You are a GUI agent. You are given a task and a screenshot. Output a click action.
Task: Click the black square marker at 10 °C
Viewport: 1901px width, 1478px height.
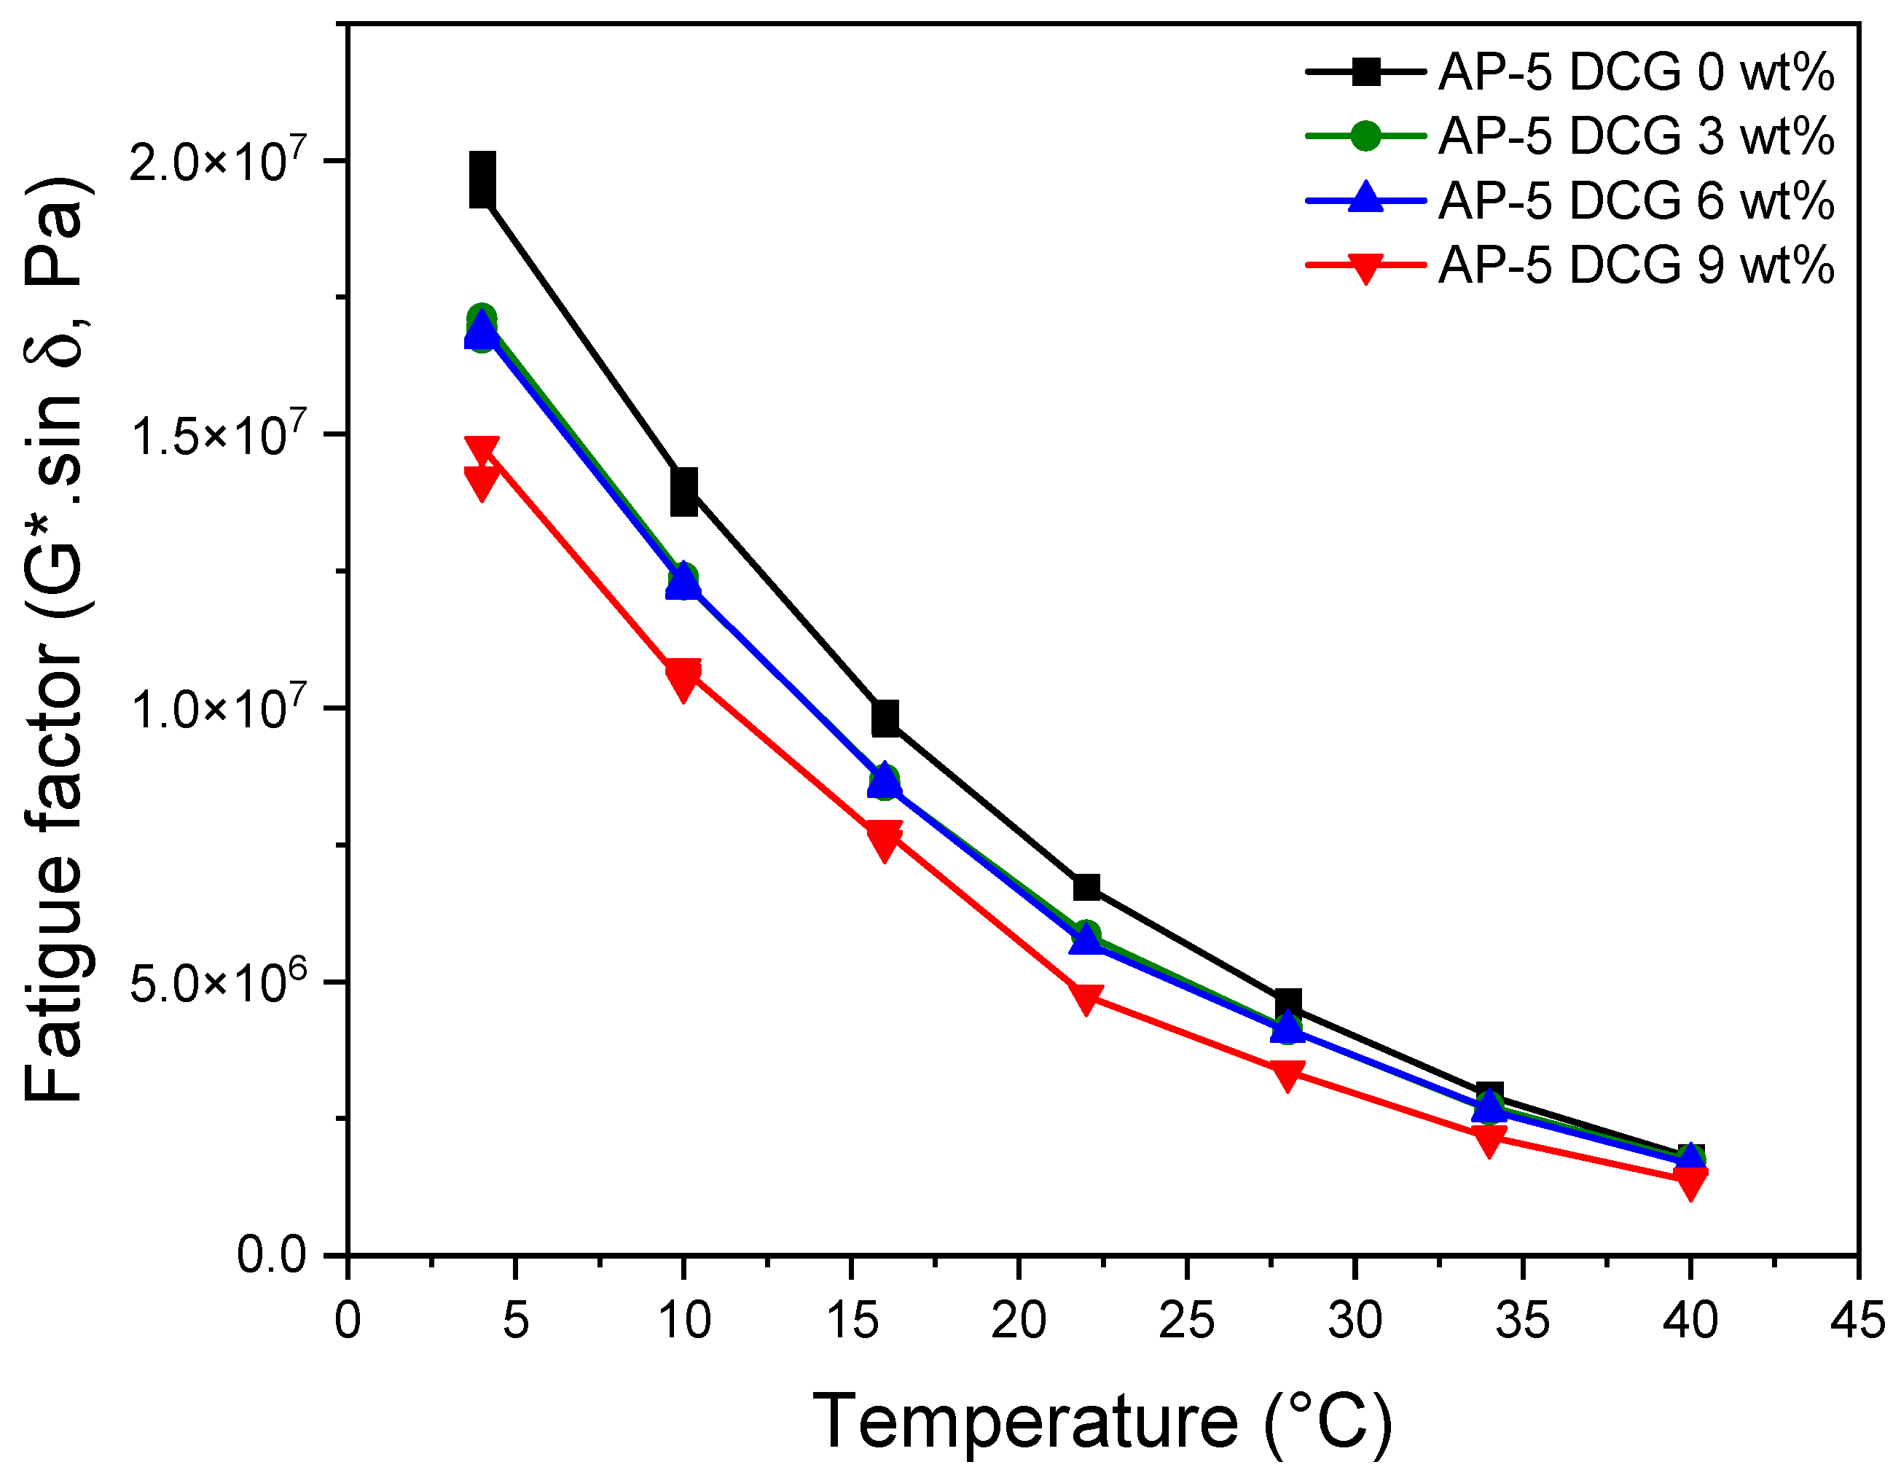pos(684,492)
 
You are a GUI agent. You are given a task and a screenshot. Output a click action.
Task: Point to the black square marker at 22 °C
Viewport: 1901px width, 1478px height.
pos(1086,887)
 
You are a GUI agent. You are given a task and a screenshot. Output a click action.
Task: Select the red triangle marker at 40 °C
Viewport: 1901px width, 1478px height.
pos(1690,1182)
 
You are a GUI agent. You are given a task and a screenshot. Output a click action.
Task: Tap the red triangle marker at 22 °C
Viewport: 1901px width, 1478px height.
pos(1086,998)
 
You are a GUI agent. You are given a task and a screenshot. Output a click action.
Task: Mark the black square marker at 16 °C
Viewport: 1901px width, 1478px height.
pos(885,718)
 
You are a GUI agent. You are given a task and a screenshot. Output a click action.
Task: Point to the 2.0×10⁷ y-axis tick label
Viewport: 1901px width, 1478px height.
pos(219,162)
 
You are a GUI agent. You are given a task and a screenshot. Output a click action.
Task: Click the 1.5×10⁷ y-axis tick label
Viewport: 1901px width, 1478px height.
pos(219,435)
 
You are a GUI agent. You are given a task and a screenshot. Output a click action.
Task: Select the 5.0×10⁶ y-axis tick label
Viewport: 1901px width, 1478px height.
pos(219,982)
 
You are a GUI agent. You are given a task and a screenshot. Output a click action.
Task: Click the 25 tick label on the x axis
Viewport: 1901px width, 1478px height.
pos(1186,1321)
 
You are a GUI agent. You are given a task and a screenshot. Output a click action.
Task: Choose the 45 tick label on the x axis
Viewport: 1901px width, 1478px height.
pos(1857,1321)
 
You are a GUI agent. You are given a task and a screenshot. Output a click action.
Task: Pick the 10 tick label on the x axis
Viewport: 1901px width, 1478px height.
pos(684,1321)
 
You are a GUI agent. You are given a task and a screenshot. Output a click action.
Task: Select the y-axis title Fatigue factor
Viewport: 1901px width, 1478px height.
pos(54,640)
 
